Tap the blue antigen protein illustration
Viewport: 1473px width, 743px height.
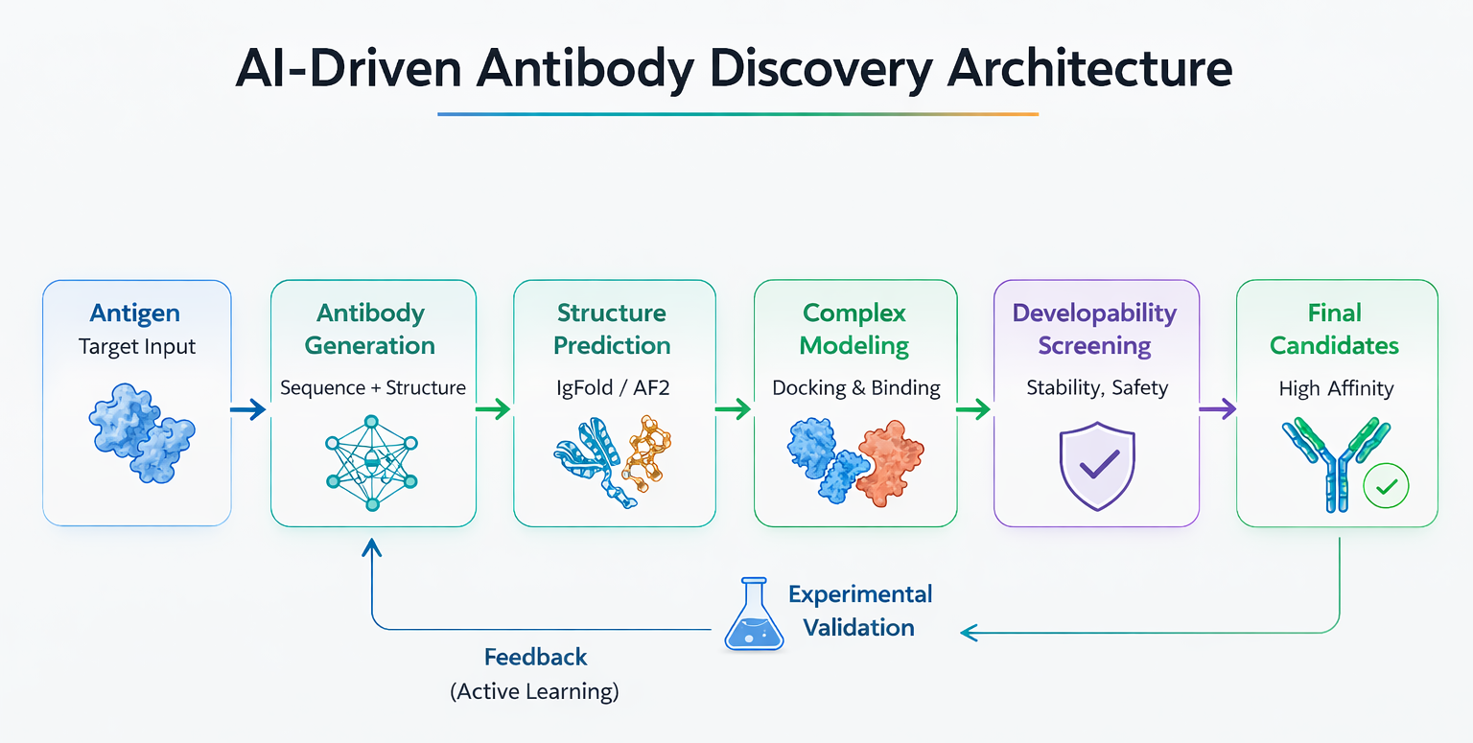(141, 433)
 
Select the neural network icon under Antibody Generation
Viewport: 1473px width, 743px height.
(371, 463)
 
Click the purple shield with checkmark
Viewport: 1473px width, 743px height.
(1097, 466)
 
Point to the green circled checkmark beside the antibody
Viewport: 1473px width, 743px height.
(1386, 486)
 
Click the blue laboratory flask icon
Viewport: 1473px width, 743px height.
(754, 615)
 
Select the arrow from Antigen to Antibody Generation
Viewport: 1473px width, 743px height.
(248, 409)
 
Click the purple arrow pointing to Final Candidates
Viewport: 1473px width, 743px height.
(1217, 409)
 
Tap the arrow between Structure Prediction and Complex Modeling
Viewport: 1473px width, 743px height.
(734, 409)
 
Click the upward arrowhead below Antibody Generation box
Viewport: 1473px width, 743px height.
(371, 547)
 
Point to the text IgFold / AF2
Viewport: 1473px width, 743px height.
(613, 388)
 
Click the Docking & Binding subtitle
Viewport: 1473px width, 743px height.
(856, 388)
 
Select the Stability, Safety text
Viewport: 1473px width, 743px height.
(1097, 388)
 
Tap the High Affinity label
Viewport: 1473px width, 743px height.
(1336, 388)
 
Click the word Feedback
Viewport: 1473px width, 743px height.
(535, 657)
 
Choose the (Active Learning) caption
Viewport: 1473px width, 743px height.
(534, 691)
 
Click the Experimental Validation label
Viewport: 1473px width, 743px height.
(859, 611)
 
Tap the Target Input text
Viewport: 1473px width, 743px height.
(137, 346)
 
